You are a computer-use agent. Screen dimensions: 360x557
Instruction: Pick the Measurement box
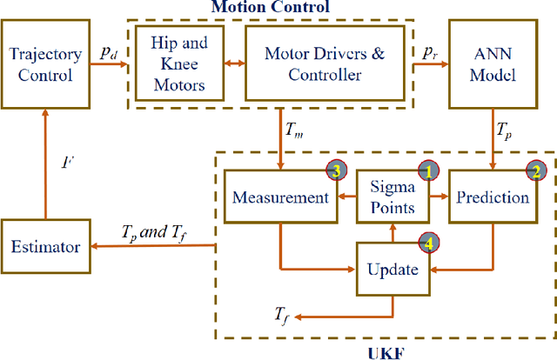pos(281,197)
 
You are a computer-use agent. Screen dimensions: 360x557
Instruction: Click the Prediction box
pos(494,197)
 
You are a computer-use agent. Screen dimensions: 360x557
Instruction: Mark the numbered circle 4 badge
pos(426,241)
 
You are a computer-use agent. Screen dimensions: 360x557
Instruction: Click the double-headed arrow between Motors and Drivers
pos(232,63)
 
